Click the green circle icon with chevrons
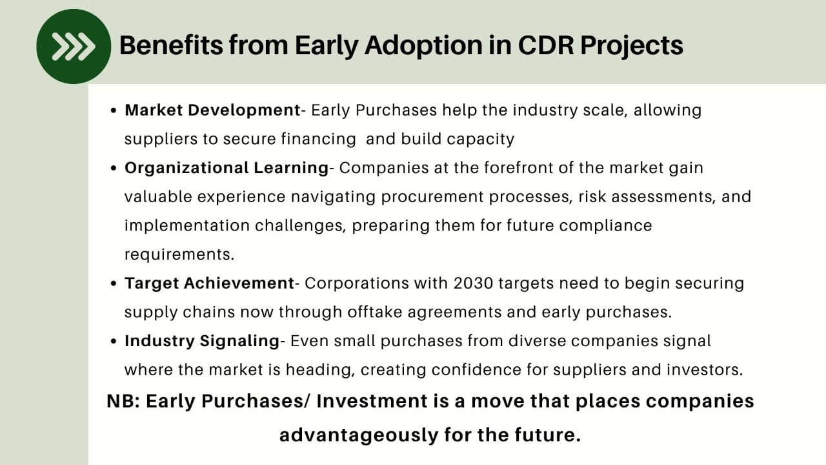74,46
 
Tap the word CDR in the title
546,45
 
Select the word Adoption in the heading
423,46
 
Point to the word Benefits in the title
171,45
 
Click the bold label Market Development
212,110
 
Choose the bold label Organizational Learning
227,168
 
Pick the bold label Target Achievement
209,284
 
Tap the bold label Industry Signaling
202,341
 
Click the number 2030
474,284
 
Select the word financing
319,139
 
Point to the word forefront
518,168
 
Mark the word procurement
432,197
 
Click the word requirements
179,254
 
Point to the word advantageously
359,435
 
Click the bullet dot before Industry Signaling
114,342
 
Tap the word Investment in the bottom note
372,401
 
